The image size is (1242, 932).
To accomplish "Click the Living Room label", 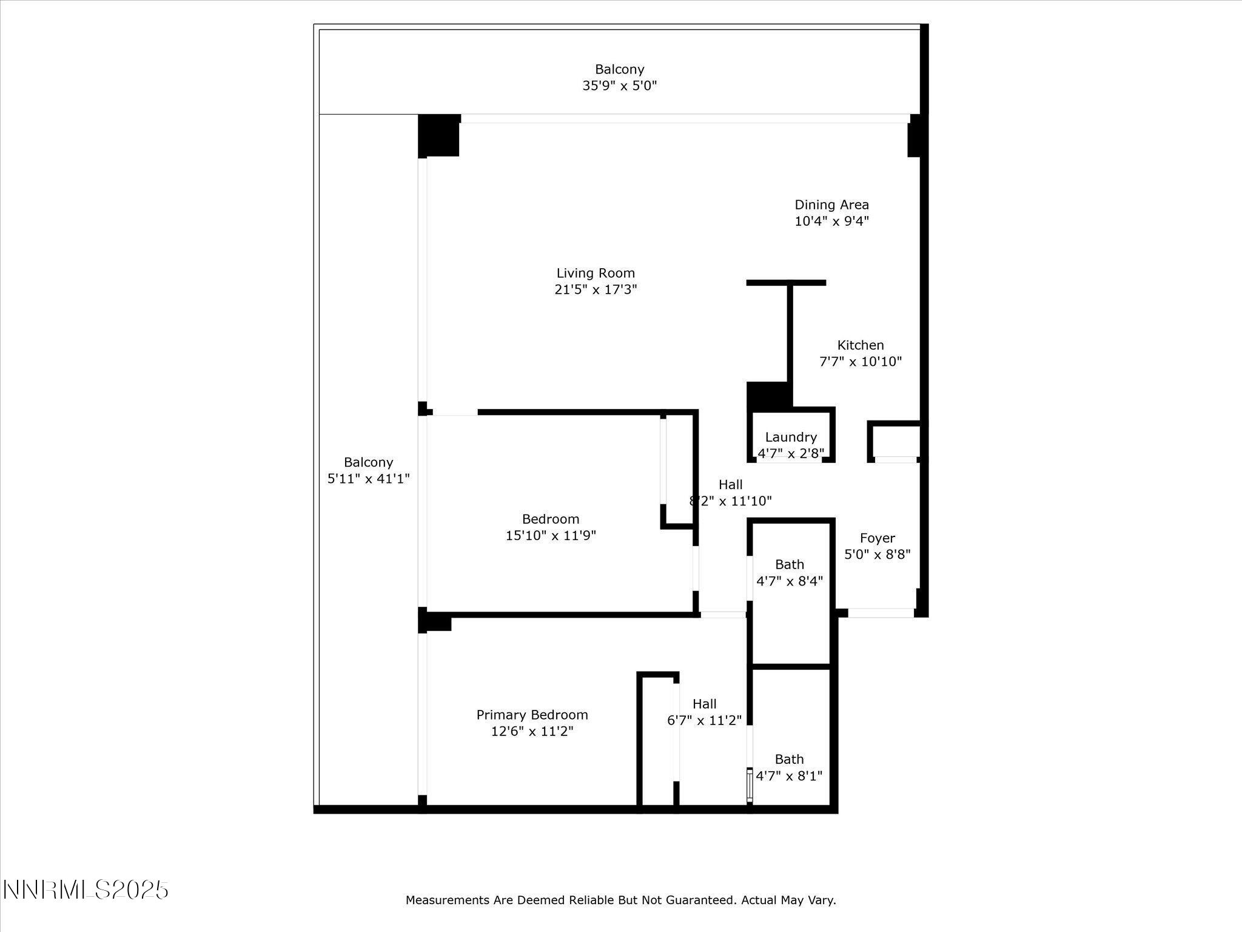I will [x=596, y=273].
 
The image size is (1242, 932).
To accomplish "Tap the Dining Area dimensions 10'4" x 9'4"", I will [x=831, y=221].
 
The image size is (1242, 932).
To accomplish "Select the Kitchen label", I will [x=860, y=345].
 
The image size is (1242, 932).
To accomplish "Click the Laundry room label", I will [x=790, y=437].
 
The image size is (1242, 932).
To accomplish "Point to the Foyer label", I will [x=877, y=538].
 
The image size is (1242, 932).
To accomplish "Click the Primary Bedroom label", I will [x=532, y=715].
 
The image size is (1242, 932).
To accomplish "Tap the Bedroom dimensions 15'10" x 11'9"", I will [x=551, y=536].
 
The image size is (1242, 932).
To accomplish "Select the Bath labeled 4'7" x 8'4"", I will [x=789, y=573].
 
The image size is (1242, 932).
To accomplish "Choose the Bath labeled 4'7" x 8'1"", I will [x=789, y=768].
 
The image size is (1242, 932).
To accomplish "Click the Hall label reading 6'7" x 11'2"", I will [x=704, y=712].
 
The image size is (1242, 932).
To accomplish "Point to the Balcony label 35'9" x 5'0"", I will [x=619, y=77].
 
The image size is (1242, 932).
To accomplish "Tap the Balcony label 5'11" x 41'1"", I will [x=368, y=470].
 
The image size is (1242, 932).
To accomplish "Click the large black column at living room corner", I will [x=438, y=135].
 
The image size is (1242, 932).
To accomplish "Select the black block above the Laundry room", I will [x=767, y=395].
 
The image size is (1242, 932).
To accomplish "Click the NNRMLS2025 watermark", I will [x=86, y=890].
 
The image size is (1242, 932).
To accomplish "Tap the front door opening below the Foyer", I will [x=881, y=613].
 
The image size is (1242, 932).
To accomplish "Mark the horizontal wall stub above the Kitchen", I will [x=786, y=283].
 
